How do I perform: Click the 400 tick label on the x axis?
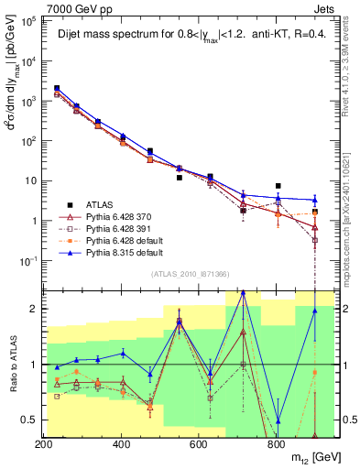(x=122, y=444)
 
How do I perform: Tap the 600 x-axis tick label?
(x=199, y=444)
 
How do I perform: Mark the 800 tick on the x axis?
(x=276, y=444)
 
